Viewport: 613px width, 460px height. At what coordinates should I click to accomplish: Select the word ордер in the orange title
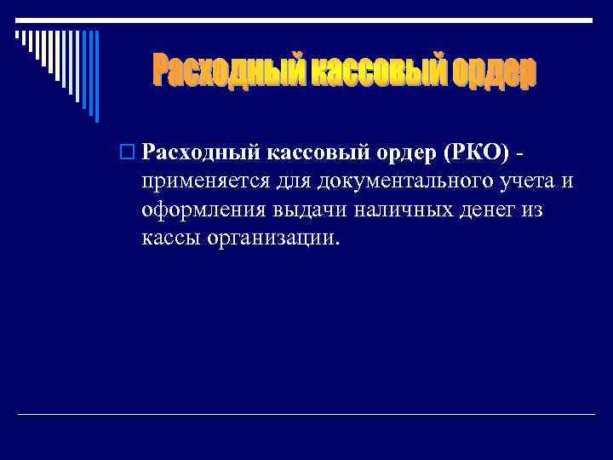tap(492, 72)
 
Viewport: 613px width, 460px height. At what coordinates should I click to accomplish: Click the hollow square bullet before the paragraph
tap(129, 153)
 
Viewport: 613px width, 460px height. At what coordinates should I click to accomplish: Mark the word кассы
tap(170, 238)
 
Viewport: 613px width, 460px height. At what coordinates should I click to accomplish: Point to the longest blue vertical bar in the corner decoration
tap(96, 76)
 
